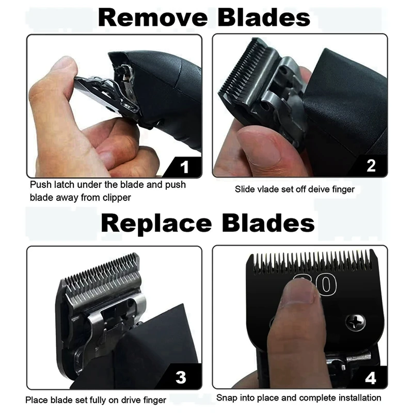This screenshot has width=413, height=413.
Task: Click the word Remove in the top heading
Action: (x=153, y=18)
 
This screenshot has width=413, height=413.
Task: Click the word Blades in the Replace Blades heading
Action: (x=268, y=224)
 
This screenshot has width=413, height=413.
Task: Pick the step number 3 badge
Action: (x=181, y=377)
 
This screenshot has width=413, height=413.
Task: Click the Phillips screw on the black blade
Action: (x=355, y=322)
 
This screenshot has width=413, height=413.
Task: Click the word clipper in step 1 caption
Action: (x=117, y=198)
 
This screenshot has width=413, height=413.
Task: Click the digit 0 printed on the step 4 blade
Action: (x=327, y=285)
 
